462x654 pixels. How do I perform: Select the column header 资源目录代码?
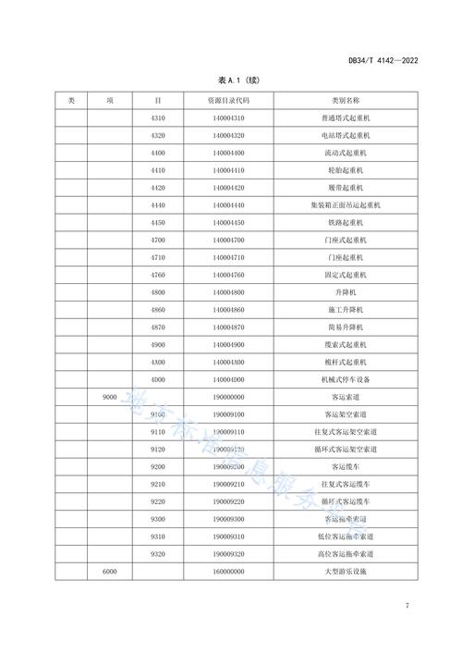pos(229,100)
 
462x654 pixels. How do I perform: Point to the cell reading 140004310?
pos(229,118)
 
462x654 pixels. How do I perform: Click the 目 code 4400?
pos(158,153)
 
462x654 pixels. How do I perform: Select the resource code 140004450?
pos(229,223)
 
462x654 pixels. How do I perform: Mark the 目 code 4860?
pos(158,310)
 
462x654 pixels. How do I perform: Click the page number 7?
pos(407,607)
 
